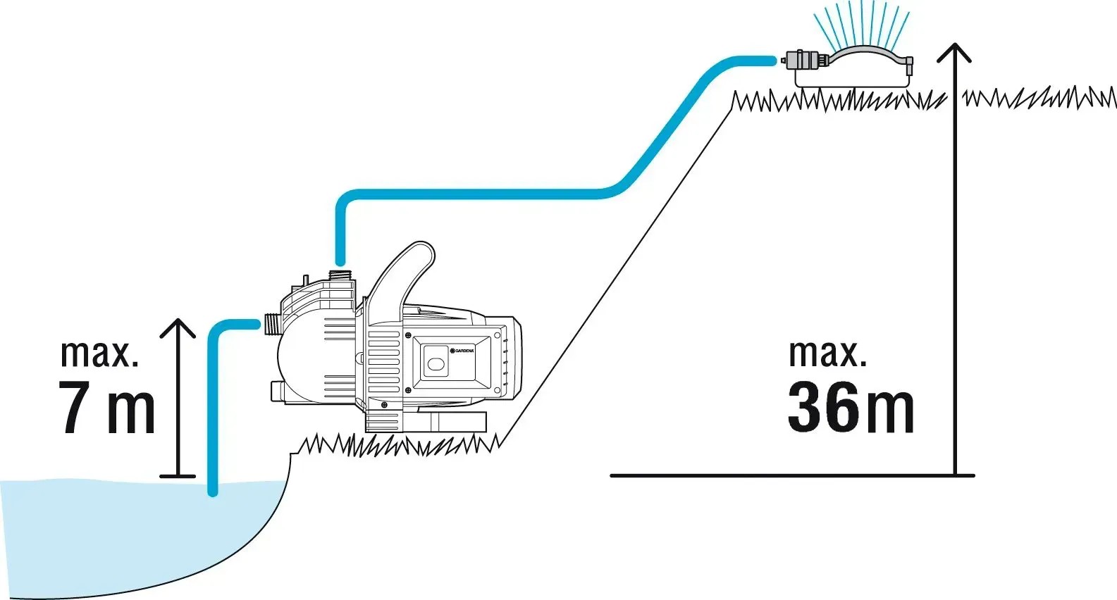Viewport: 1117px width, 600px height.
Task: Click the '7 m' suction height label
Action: coord(107,408)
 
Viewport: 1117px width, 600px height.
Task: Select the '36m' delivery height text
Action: coord(851,408)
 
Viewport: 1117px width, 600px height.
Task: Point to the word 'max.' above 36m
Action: coord(827,354)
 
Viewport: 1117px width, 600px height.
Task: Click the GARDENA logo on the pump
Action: coord(462,350)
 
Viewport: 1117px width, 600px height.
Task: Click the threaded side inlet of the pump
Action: coord(270,325)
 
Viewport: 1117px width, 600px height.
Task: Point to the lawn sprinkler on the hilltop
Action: coord(853,67)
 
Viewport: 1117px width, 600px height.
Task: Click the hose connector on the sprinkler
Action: coord(803,60)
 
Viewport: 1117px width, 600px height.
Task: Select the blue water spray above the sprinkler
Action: coord(860,25)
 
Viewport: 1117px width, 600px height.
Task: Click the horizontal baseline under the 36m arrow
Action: coord(789,475)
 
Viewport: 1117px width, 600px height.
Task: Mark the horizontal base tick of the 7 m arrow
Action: coord(177,477)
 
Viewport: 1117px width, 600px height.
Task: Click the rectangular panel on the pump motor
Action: coord(444,363)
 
